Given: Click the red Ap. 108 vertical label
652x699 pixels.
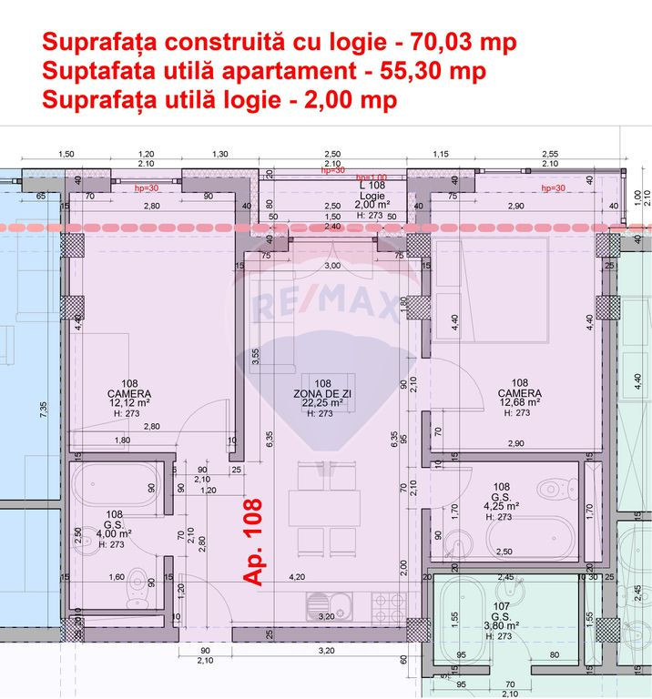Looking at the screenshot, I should point(252,541).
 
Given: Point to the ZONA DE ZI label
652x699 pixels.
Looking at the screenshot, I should point(322,392).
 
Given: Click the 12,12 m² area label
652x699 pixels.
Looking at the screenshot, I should point(129,401).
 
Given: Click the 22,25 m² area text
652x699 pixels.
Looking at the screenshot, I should point(322,402).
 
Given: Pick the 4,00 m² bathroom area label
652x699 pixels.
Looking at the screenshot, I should point(114,534).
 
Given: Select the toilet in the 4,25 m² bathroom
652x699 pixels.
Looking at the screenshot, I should point(551,491).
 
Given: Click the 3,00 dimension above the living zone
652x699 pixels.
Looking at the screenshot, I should point(332,265).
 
